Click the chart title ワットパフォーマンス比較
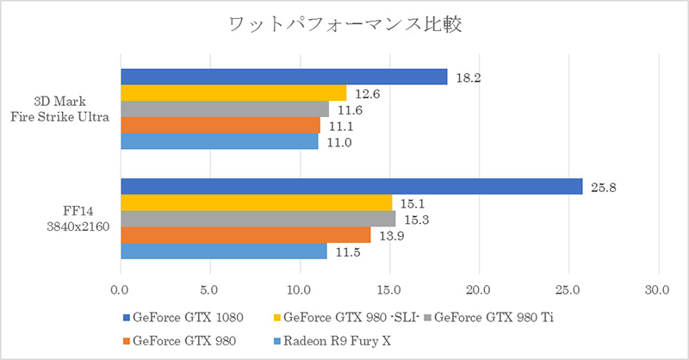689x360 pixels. pyautogui.click(x=344, y=24)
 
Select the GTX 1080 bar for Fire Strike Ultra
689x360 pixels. pyautogui.click(x=284, y=78)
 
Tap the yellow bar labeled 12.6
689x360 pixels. pyautogui.click(x=233, y=93)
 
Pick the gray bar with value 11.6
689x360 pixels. pyautogui.click(x=225, y=109)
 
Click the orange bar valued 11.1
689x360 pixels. pyautogui.click(x=220, y=125)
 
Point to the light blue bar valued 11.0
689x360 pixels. pyautogui.click(x=220, y=140)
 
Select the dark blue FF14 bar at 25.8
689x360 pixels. pyautogui.click(x=351, y=186)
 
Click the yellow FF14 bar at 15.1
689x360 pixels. pyautogui.click(x=256, y=202)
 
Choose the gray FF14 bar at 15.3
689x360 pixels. pyautogui.click(x=258, y=219)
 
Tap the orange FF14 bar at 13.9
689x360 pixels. pyautogui.click(x=245, y=234)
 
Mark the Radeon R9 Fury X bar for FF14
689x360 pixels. pyautogui.click(x=224, y=251)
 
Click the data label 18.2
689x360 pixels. pyautogui.click(x=468, y=78)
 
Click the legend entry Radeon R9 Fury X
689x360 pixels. pyautogui.click(x=335, y=338)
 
